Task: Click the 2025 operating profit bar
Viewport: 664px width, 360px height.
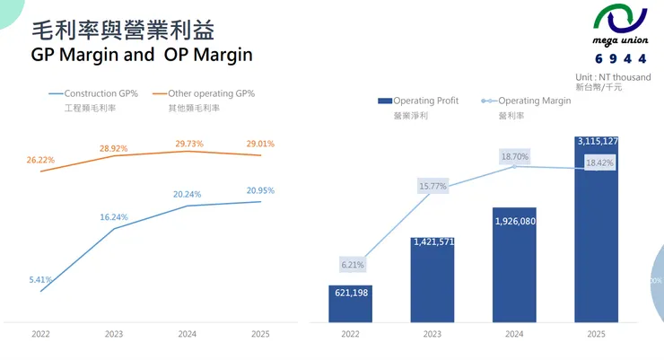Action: click(x=597, y=233)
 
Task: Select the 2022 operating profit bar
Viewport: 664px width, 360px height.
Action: click(x=350, y=303)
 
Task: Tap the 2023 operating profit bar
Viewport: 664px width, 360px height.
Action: click(x=432, y=278)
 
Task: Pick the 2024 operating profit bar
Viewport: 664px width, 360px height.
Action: click(x=514, y=265)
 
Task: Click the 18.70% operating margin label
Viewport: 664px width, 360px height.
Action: click(x=514, y=156)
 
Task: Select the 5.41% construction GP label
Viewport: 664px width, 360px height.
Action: click(x=41, y=280)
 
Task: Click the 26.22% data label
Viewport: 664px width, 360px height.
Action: click(x=40, y=160)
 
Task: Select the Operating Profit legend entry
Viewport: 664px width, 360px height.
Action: click(x=419, y=101)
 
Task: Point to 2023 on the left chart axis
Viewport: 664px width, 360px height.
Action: click(x=114, y=334)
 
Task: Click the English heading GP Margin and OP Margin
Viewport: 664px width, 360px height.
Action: click(x=142, y=55)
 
